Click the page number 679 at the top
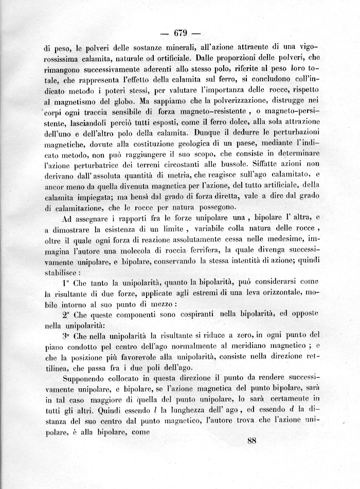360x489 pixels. coord(179,34)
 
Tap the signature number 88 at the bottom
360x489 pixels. coord(251,440)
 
